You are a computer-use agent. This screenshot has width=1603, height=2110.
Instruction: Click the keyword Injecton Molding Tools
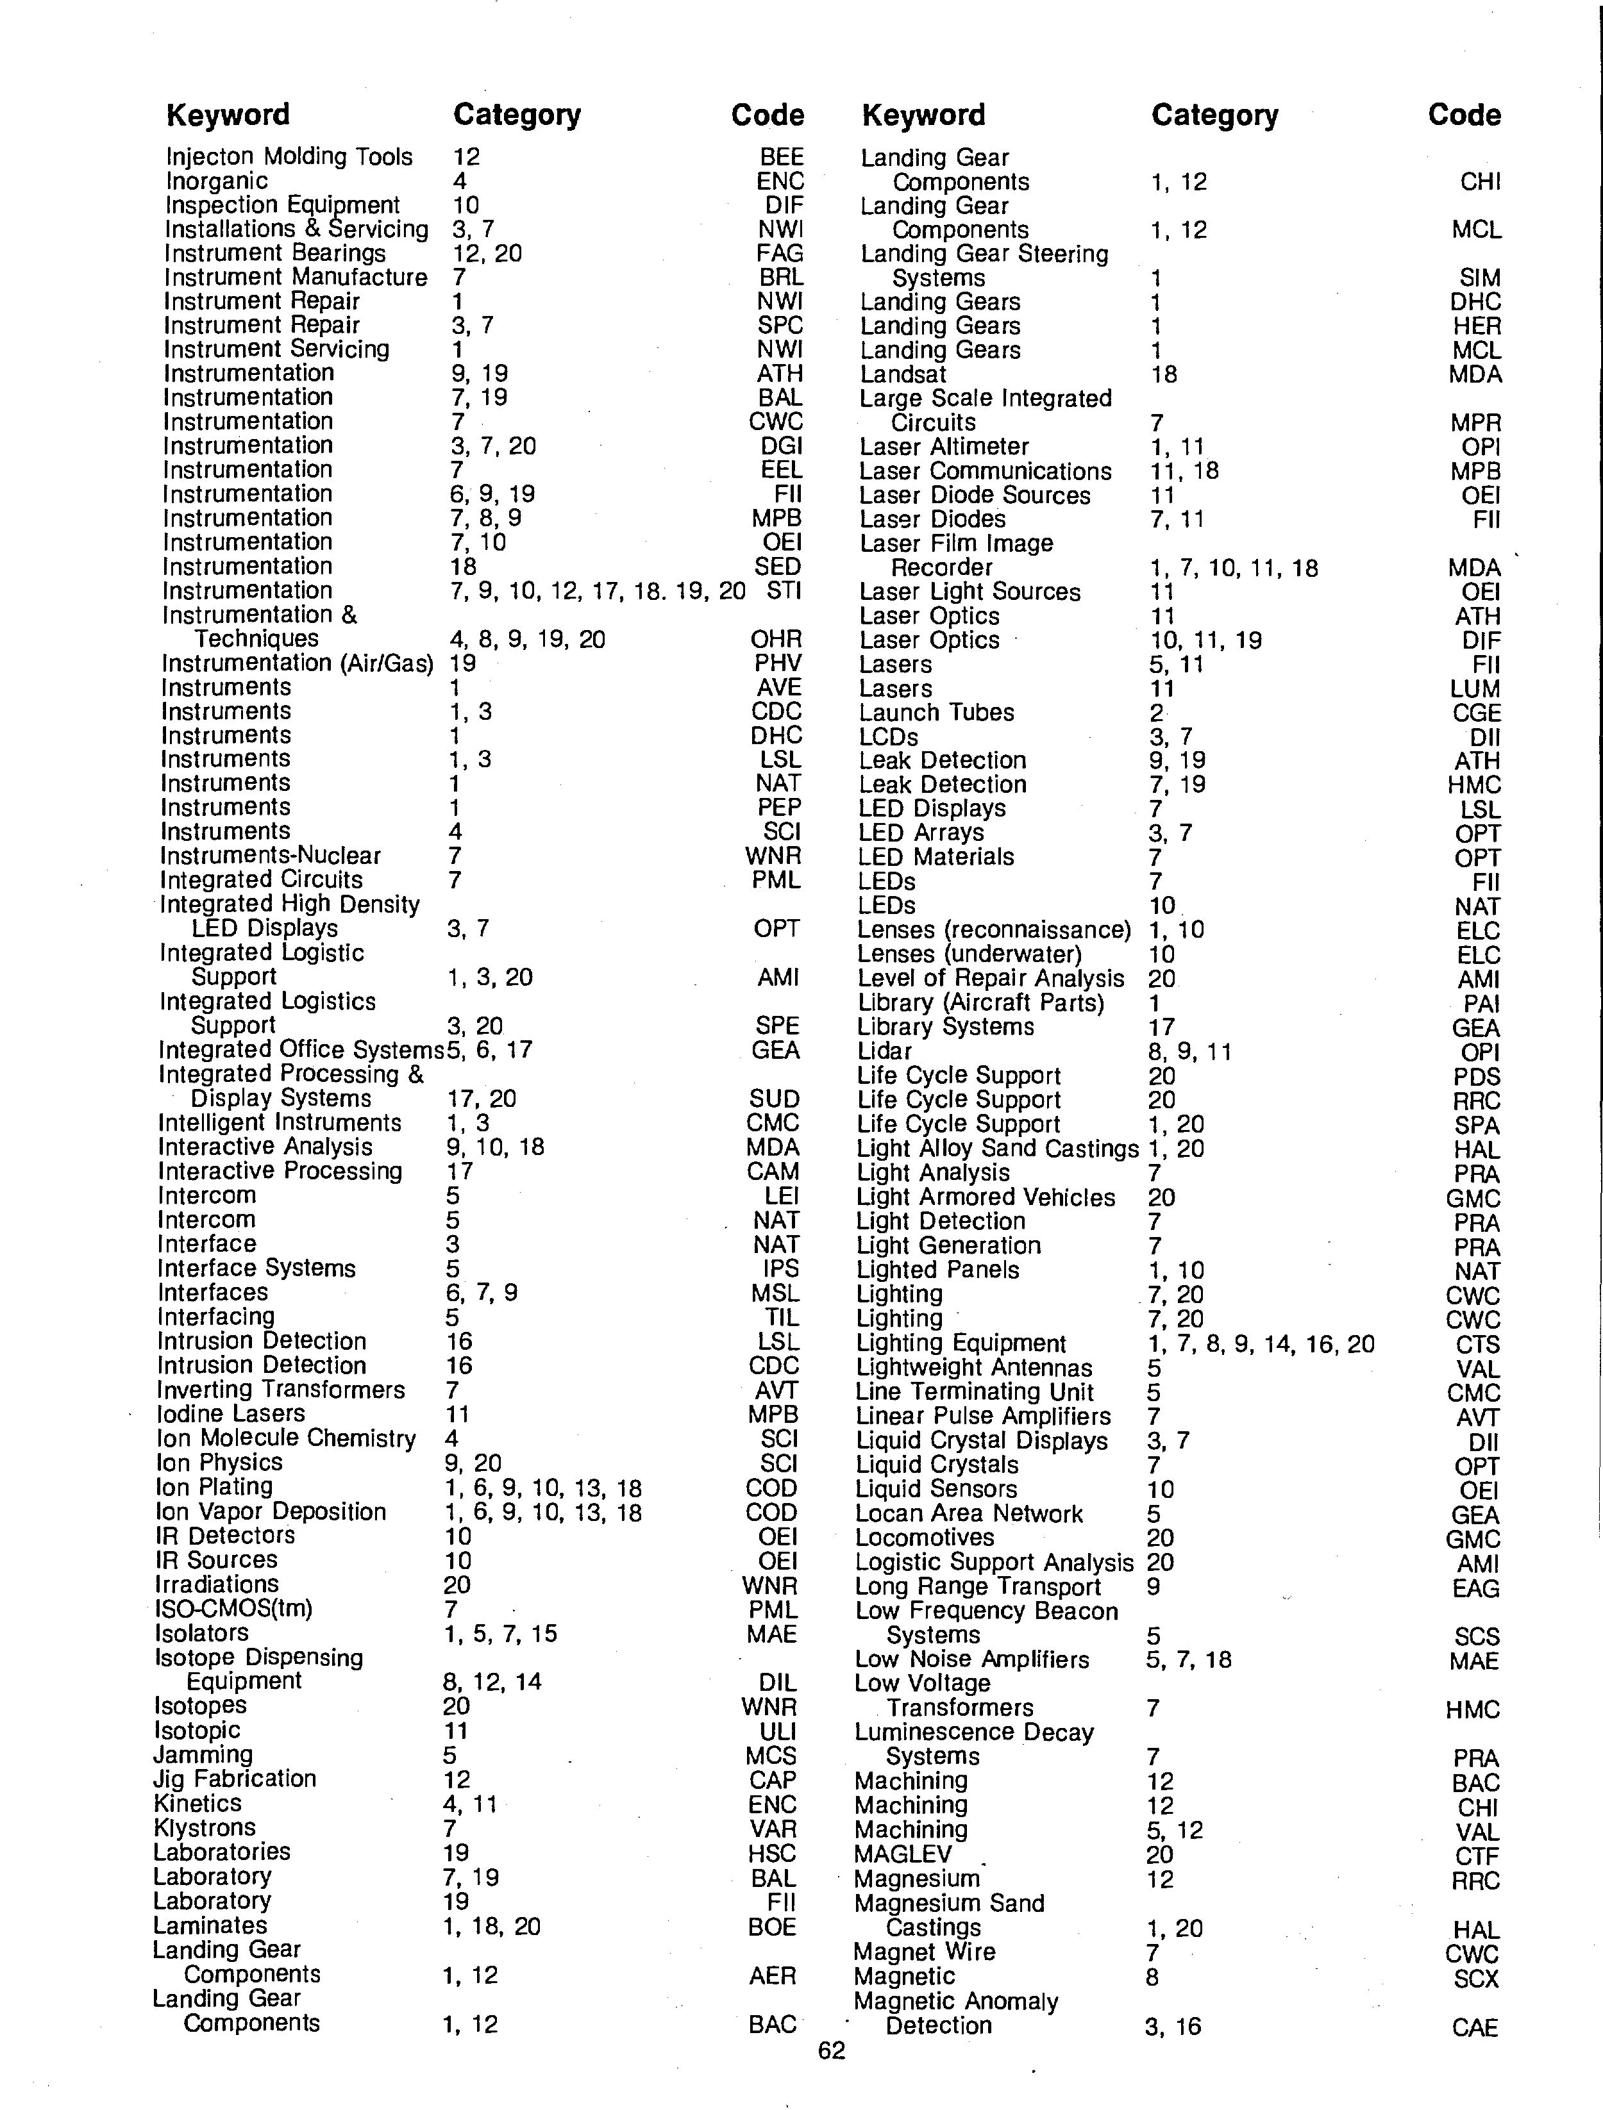[x=289, y=156]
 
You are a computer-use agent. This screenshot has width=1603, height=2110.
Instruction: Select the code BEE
[x=782, y=156]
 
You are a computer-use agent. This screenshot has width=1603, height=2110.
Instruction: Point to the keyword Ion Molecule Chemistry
[x=286, y=1438]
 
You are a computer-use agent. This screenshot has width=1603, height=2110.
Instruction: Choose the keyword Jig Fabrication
[x=235, y=1779]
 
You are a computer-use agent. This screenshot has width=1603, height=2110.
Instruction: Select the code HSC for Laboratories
[x=772, y=1852]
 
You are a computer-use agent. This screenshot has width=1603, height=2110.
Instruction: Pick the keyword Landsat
[x=903, y=374]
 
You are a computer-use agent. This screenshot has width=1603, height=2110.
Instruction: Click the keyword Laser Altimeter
[x=944, y=446]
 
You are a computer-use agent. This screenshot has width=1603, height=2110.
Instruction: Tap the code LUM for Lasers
[x=1477, y=689]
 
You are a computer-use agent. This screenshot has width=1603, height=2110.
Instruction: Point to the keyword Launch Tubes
[x=936, y=713]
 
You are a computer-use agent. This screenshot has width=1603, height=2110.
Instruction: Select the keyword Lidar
[x=884, y=1051]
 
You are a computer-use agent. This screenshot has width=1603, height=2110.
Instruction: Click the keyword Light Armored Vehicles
[x=986, y=1197]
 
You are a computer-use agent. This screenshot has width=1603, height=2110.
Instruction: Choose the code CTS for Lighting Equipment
[x=1477, y=1344]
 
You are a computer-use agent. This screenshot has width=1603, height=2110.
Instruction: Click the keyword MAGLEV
[x=903, y=1854]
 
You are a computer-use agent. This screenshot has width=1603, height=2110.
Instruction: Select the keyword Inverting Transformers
[x=281, y=1390]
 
